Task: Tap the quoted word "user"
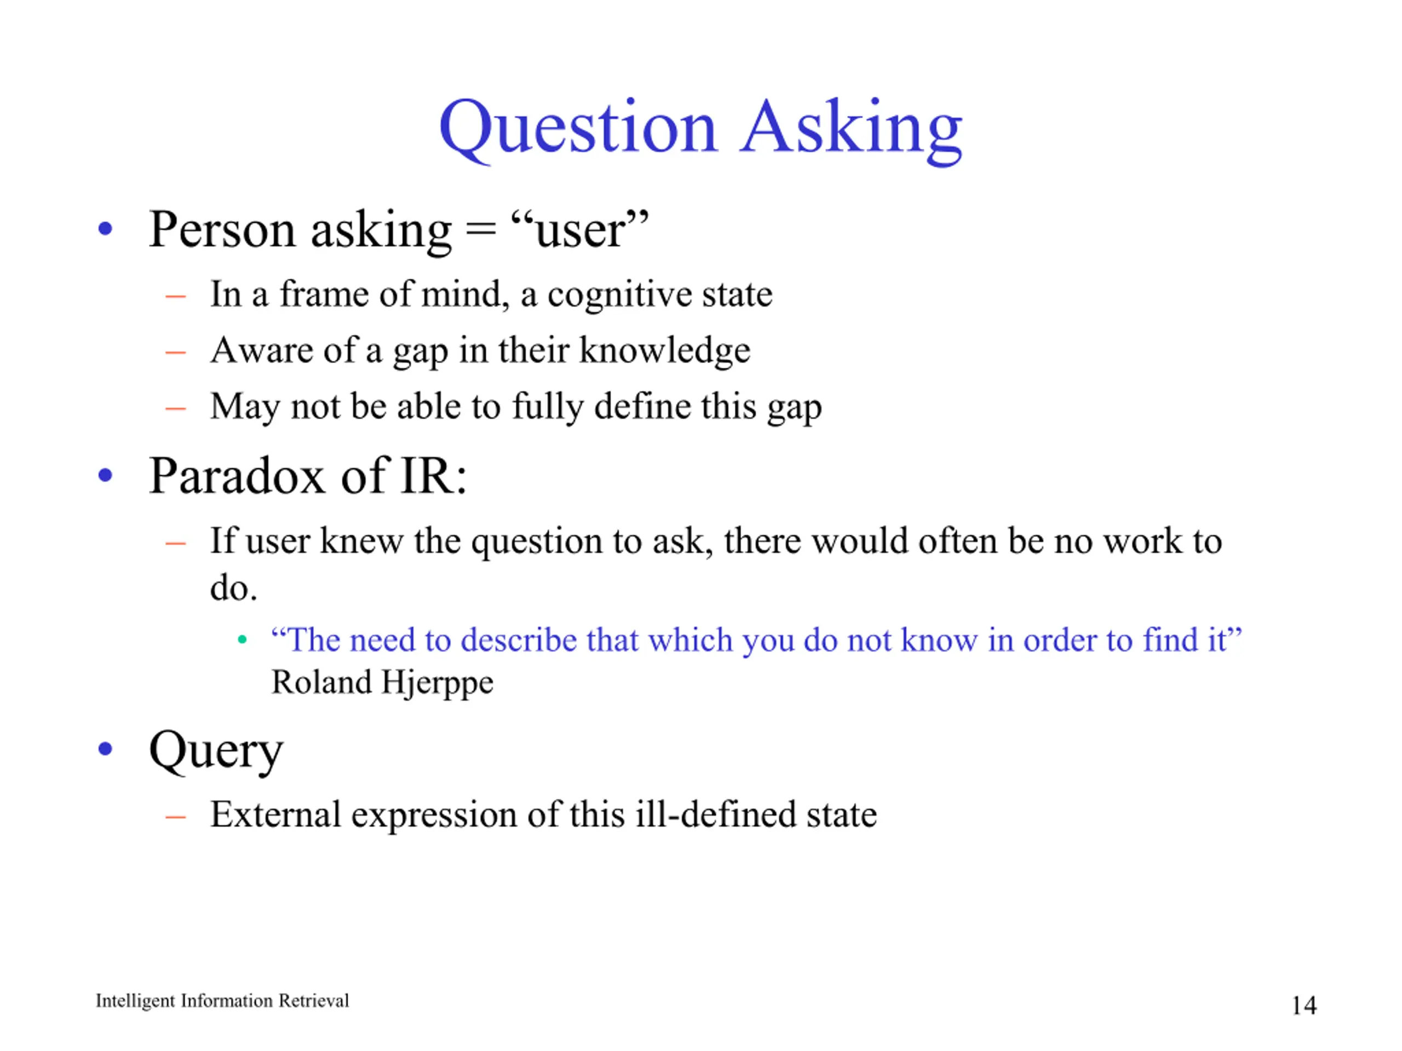click(579, 229)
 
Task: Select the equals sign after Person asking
click(480, 229)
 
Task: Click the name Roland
click(322, 682)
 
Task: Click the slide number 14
click(1304, 1006)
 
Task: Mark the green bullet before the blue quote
click(242, 640)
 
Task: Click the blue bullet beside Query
click(105, 749)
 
